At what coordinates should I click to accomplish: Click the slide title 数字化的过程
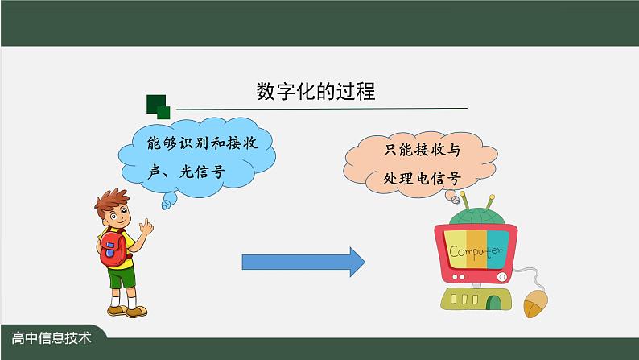[x=315, y=91]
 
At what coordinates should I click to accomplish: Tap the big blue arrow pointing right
[x=303, y=262]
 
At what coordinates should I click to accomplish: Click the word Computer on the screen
[x=475, y=251]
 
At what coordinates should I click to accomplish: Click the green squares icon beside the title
[x=158, y=105]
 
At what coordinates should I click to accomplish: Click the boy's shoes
[x=127, y=310]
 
